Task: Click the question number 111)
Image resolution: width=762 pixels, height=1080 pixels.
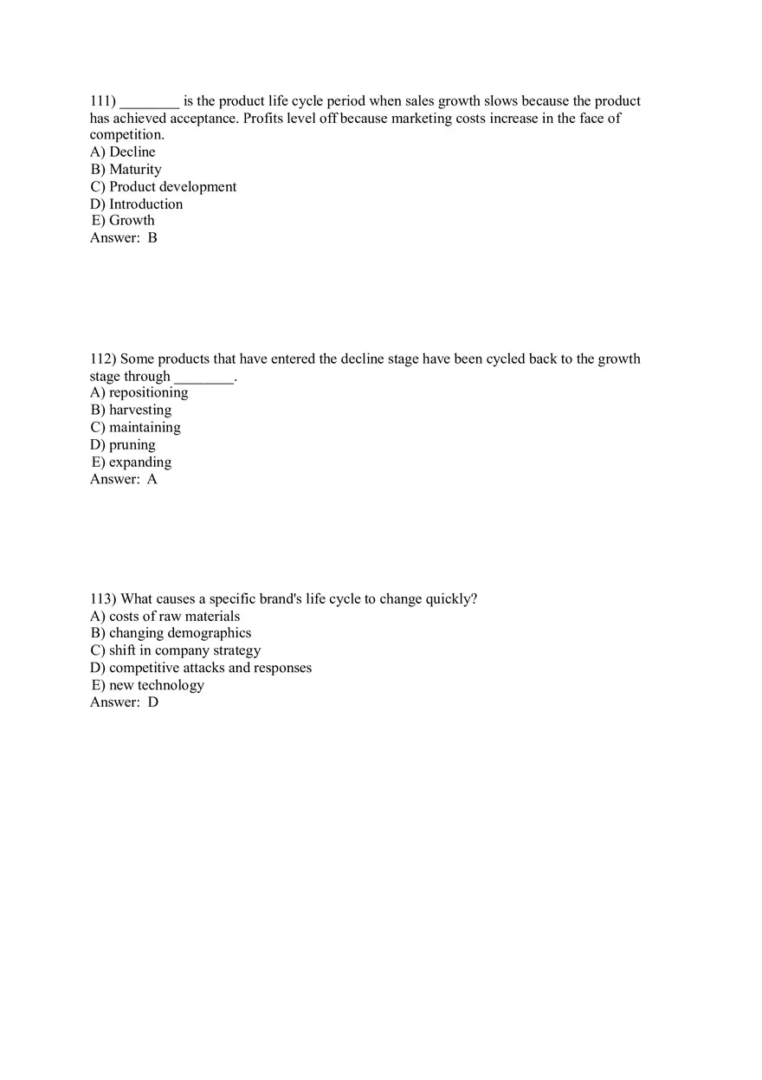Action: [x=103, y=101]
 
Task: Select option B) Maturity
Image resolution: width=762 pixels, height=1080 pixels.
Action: [x=126, y=170]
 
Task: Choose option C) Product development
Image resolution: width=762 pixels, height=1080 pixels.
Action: [x=163, y=187]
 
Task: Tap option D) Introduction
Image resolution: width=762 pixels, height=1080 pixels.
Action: [x=137, y=204]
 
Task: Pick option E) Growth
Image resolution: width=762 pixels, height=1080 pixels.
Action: [x=123, y=221]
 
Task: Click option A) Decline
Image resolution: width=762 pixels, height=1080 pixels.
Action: [x=123, y=152]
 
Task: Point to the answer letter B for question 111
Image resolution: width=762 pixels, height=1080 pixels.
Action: [x=152, y=238]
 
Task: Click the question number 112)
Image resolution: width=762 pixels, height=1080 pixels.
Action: [x=103, y=359]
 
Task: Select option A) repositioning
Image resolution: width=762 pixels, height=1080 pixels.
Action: [x=139, y=393]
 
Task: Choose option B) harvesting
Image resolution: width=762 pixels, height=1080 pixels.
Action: [x=131, y=411]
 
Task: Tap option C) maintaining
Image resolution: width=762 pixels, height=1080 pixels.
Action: [x=135, y=428]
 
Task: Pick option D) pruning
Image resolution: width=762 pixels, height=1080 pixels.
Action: [x=123, y=445]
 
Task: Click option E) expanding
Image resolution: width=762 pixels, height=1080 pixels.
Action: [x=131, y=462]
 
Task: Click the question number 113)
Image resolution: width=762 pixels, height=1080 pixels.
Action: [x=103, y=599]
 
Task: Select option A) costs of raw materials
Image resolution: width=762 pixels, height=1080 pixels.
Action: [x=165, y=617]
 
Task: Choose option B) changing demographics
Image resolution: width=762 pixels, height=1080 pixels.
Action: [x=171, y=633]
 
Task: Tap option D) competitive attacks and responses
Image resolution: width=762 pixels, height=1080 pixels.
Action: [x=201, y=668]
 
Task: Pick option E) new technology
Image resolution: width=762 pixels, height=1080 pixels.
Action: [x=147, y=685]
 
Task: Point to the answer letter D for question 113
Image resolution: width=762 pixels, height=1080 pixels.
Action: [x=153, y=702]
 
